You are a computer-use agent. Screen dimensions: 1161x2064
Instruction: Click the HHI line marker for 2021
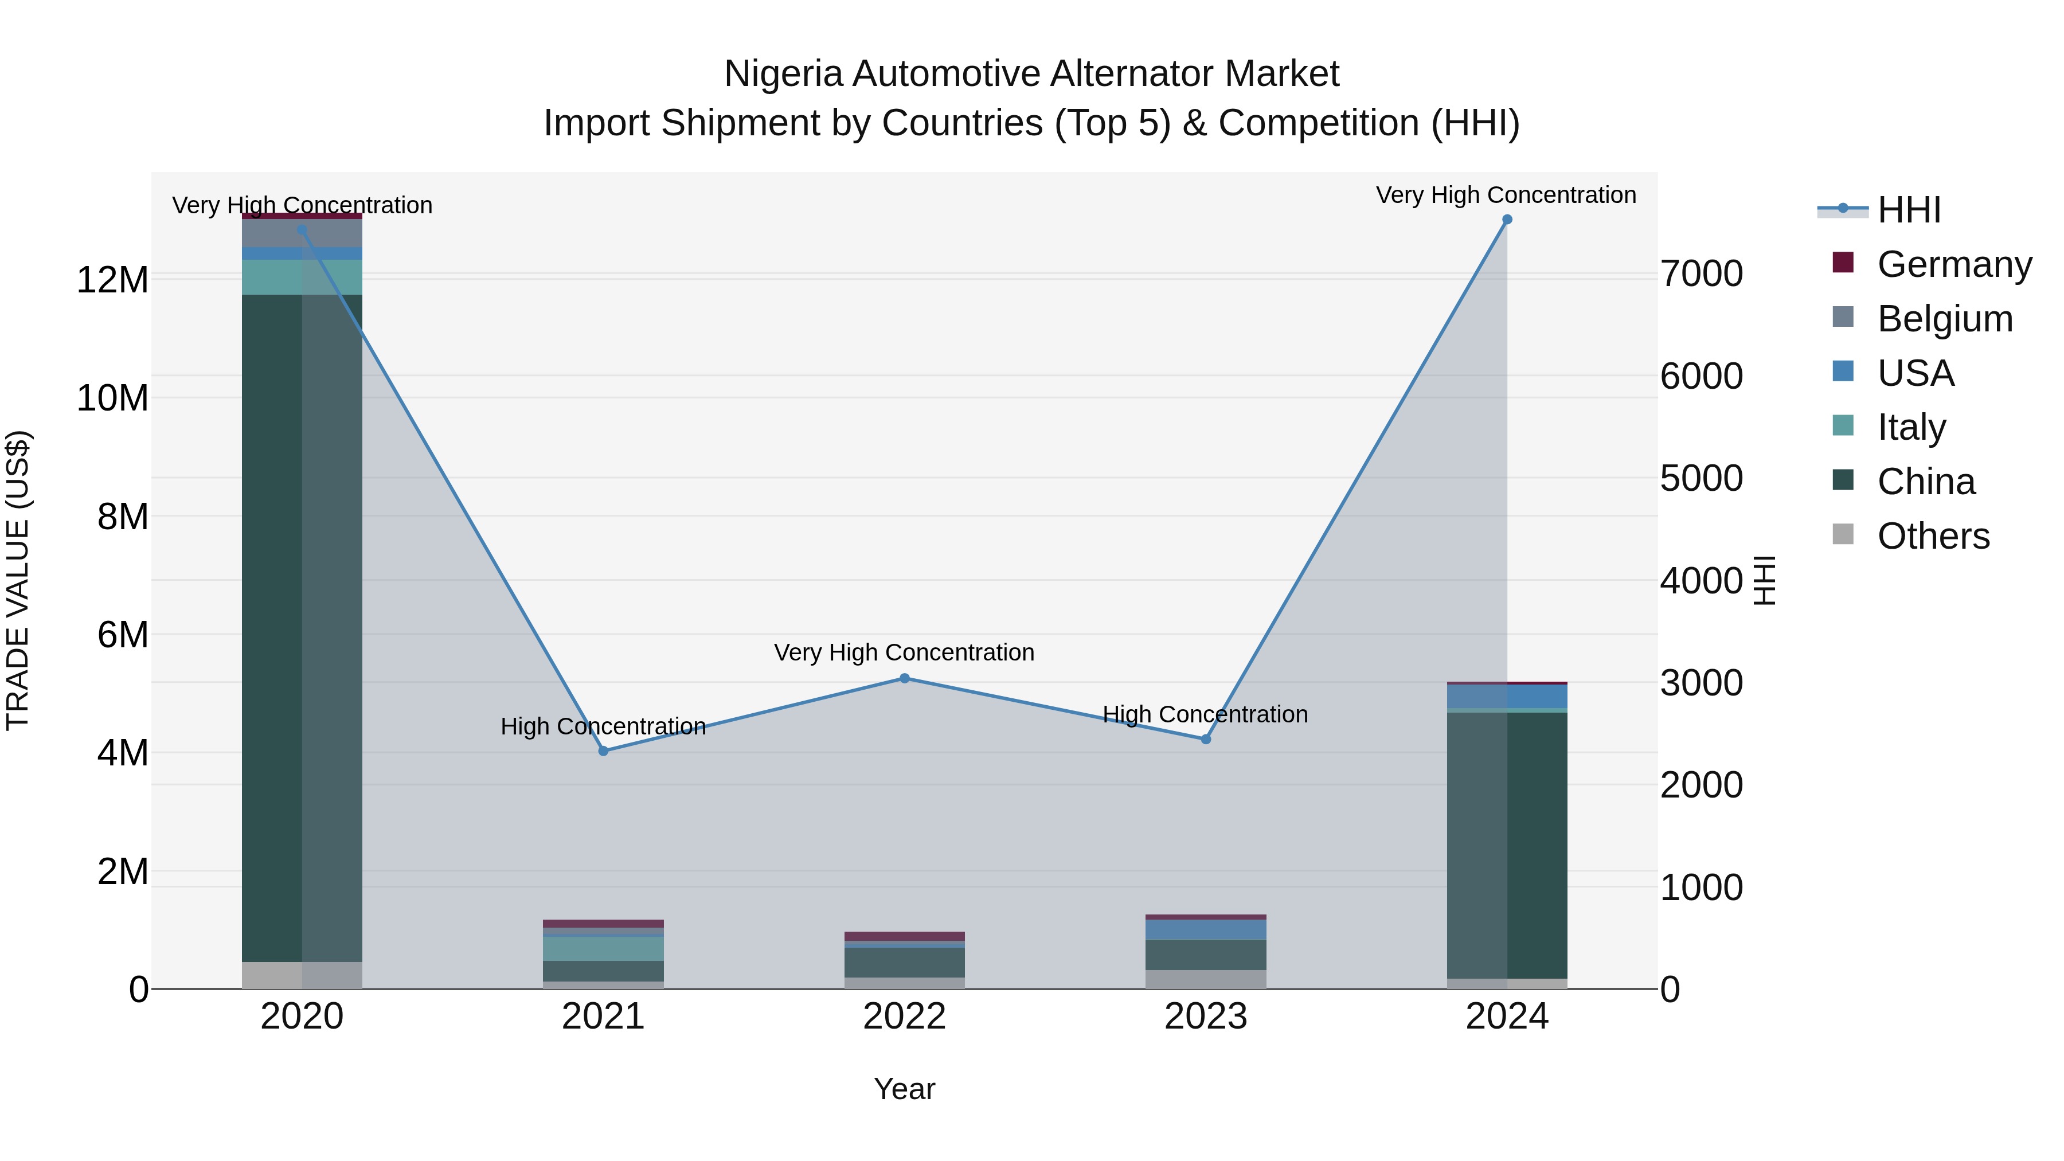(603, 750)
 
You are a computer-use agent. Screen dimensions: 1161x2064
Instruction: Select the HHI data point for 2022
(905, 678)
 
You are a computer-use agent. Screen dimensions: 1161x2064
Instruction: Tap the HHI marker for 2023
(1206, 739)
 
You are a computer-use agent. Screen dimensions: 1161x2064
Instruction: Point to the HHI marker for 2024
(1507, 220)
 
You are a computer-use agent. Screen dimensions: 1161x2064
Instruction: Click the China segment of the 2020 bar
(302, 625)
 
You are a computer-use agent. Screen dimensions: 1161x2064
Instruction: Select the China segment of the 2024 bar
(1507, 841)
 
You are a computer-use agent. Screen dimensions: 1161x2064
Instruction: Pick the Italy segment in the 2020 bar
(302, 277)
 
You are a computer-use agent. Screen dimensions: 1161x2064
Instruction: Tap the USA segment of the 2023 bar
(1206, 929)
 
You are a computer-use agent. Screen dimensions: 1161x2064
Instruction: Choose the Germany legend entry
(1954, 264)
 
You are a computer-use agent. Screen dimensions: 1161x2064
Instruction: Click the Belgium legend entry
(1945, 318)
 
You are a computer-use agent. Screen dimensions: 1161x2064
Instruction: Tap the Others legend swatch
(1843, 534)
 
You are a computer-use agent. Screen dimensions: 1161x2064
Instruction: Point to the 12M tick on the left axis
(112, 280)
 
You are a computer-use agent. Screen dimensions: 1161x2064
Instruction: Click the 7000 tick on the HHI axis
(1701, 273)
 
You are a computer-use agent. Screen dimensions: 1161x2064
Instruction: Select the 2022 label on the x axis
(905, 1017)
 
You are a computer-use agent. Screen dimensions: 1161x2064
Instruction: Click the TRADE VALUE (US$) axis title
(18, 580)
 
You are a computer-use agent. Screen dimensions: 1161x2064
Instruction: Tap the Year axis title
(905, 1089)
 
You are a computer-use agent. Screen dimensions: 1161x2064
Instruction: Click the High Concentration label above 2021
(603, 726)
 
